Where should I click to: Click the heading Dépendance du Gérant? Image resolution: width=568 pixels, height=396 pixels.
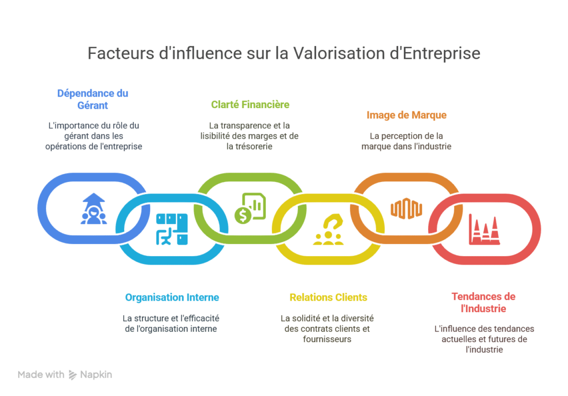[x=93, y=99]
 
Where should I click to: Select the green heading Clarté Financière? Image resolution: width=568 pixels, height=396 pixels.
[x=250, y=104]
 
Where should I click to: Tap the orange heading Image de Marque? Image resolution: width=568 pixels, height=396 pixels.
[x=407, y=115]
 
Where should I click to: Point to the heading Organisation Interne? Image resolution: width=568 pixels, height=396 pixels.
[x=172, y=297]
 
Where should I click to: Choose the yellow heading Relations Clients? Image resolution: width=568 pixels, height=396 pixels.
[x=328, y=297]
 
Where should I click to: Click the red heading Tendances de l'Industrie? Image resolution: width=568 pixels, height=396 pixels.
[x=483, y=302]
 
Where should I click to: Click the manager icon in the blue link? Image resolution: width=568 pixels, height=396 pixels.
[x=93, y=209]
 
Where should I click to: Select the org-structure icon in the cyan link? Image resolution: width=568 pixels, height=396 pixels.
[x=171, y=229]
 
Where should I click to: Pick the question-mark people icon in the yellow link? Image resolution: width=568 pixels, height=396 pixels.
[x=328, y=229]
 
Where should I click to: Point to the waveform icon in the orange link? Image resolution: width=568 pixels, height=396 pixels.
[x=407, y=209]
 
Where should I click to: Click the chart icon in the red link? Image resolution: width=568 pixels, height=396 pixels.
[x=484, y=229]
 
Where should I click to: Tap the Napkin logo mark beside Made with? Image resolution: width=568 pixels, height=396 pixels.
[x=73, y=375]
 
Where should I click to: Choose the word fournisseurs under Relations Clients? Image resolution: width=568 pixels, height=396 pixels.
[x=327, y=339]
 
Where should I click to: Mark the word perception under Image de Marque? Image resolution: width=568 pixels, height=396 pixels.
[x=403, y=136]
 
